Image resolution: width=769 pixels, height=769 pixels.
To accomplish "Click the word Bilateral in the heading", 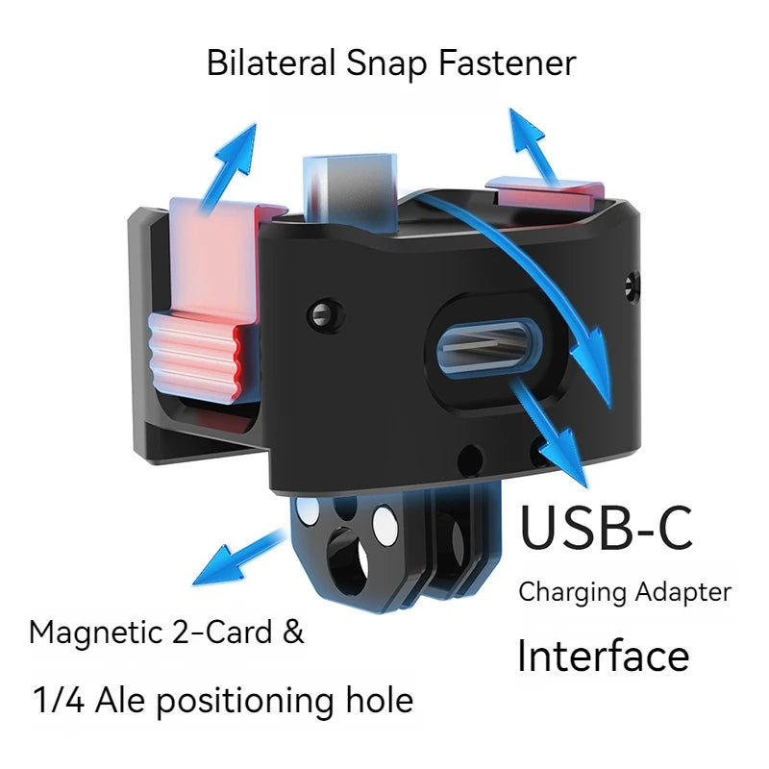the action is (271, 62).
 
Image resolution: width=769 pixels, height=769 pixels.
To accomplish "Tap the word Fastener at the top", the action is (508, 62).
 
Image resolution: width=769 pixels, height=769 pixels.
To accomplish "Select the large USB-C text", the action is (606, 527).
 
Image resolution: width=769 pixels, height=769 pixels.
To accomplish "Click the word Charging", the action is (572, 592).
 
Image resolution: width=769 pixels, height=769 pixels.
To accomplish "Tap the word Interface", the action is (604, 656).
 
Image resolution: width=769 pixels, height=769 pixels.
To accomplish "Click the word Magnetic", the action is (95, 633).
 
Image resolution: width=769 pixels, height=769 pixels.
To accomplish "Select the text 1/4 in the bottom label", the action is (59, 700).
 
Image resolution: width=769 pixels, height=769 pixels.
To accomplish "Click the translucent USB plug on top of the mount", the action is (350, 193).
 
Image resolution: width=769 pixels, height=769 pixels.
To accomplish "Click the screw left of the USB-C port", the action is (323, 314).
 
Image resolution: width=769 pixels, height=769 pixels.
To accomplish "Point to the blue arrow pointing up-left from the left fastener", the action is (230, 167).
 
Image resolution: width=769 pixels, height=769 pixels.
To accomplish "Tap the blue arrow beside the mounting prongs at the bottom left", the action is (238, 557).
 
